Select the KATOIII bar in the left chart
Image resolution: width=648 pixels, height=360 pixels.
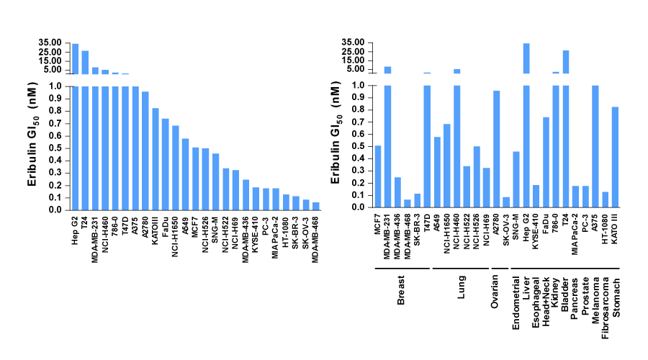(156, 159)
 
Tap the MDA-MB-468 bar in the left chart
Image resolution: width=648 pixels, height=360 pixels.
(316, 207)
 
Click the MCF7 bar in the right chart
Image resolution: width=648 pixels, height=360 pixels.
(378, 176)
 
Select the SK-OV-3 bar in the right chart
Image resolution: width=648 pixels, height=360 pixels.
(505, 202)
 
